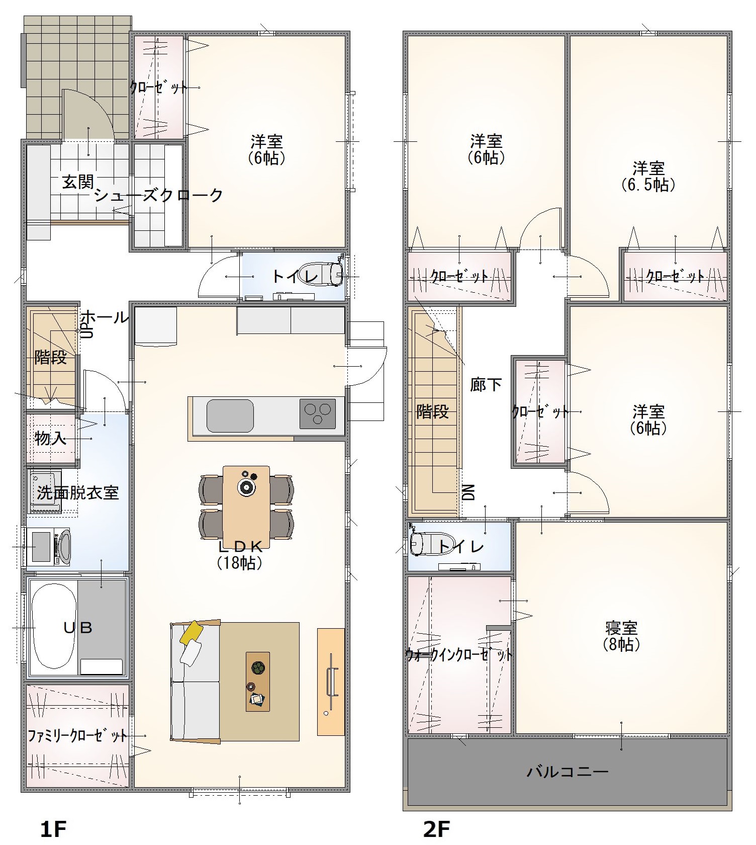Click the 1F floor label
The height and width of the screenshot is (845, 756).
click(53, 829)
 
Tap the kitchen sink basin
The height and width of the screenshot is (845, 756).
click(230, 415)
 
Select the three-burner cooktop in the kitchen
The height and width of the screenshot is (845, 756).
click(318, 413)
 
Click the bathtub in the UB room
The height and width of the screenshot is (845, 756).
click(54, 627)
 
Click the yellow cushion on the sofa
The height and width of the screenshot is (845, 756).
click(191, 632)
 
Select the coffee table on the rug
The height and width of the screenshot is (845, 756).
click(258, 682)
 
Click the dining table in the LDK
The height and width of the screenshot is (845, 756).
click(246, 507)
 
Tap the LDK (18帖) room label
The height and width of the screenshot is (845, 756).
click(240, 554)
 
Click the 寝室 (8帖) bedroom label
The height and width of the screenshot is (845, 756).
click(622, 636)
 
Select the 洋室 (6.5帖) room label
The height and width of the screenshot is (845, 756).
click(648, 176)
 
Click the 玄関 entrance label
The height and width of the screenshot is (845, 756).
click(78, 182)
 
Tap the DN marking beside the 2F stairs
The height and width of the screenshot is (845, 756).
click(468, 492)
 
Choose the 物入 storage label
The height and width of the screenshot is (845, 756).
click(50, 438)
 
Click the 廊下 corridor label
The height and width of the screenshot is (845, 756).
click(486, 385)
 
